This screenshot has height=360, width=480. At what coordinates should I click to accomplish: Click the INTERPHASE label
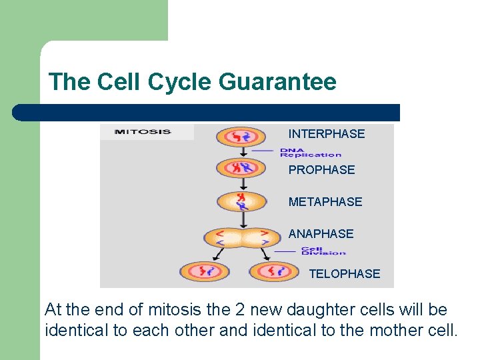point(326,134)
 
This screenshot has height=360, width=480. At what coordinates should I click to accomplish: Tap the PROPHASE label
point(321,170)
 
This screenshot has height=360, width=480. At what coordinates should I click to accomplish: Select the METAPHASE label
point(325,202)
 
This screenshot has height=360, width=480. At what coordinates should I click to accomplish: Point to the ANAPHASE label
point(321,234)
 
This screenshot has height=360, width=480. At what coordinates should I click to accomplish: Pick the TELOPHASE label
point(344,274)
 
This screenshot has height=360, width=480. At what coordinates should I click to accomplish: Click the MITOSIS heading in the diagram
point(143,132)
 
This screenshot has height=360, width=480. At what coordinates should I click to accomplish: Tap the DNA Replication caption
point(310,153)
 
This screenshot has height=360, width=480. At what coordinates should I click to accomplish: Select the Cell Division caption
point(323,251)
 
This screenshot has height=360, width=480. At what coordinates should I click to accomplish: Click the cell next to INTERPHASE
point(241,137)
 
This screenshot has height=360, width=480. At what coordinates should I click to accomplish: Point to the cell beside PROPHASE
point(241,167)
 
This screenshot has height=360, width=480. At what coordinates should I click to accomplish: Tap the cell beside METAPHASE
point(241,200)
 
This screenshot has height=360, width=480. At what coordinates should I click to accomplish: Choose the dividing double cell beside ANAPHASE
point(241,237)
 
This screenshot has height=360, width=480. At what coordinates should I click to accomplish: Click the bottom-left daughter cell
point(204,271)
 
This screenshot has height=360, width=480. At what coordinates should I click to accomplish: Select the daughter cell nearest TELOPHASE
point(274,271)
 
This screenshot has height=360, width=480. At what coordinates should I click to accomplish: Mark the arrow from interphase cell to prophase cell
point(241,151)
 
